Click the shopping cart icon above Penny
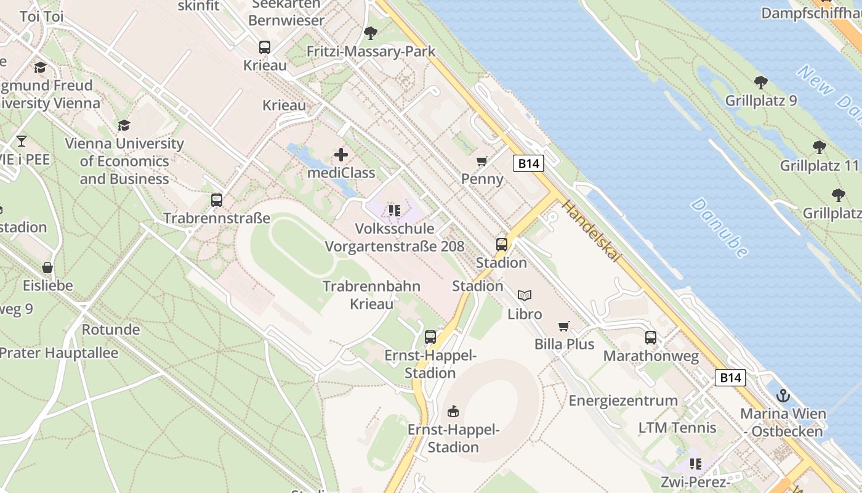[x=482, y=161]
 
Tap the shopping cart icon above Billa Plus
[x=563, y=326]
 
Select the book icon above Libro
[x=525, y=296]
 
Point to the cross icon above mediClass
[x=340, y=155]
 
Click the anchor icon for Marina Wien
[x=783, y=395]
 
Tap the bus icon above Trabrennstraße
[x=217, y=200]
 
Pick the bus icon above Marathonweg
[x=651, y=338]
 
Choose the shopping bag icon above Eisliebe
[x=47, y=267]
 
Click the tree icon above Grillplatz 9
[x=761, y=82]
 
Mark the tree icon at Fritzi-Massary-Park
[x=371, y=33]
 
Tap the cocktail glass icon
[x=22, y=141]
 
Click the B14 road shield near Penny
[x=529, y=163]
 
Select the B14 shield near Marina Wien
[x=730, y=378]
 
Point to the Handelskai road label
[x=590, y=230]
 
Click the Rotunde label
[x=111, y=329]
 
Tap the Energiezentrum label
[x=623, y=401]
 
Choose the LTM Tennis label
[x=677, y=428]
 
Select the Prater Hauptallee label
[x=59, y=353]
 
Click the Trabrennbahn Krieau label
[x=371, y=295]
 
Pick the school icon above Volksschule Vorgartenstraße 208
[x=395, y=211]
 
